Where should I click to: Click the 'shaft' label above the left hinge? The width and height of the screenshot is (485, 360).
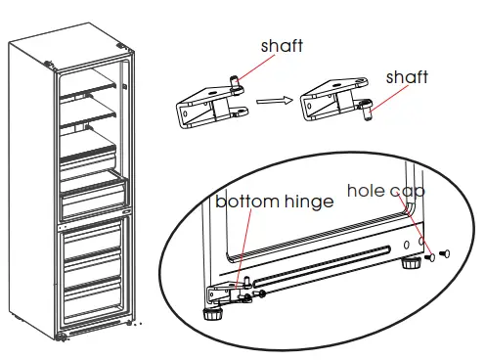tap(283, 47)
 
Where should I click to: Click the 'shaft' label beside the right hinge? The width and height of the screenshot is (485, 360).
tap(407, 78)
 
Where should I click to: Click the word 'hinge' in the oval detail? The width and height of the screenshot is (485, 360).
tap(307, 202)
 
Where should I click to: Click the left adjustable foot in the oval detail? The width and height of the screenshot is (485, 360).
tap(211, 314)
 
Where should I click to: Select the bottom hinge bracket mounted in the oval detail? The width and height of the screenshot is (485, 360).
tap(227, 291)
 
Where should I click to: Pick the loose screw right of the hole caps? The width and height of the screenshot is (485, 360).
tap(444, 255)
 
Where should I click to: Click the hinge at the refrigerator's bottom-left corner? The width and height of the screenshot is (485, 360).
tap(64, 336)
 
